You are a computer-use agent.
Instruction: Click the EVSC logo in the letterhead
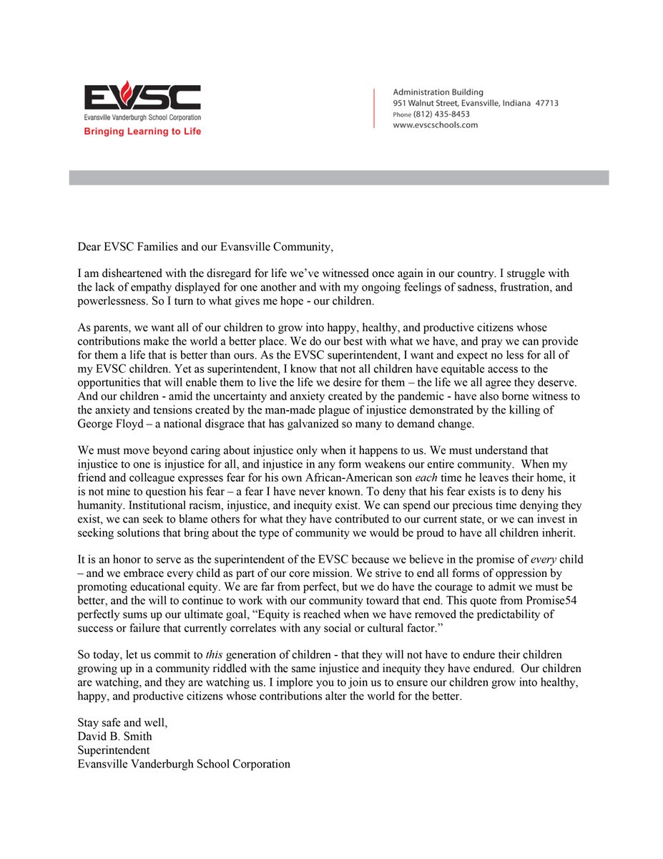coord(142,99)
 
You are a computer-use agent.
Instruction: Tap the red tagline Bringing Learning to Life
coord(142,132)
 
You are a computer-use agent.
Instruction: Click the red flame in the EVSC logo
coord(127,92)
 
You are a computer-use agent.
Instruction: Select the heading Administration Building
coord(438,92)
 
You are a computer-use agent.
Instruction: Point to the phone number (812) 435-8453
coord(441,114)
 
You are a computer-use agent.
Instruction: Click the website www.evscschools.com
coord(436,125)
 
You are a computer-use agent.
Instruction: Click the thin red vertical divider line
coord(374,108)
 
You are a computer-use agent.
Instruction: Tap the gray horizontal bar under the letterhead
coord(338,178)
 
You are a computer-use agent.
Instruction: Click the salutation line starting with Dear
coord(205,247)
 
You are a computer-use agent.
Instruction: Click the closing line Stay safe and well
coord(122,723)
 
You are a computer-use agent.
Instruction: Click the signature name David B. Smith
coord(114,737)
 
